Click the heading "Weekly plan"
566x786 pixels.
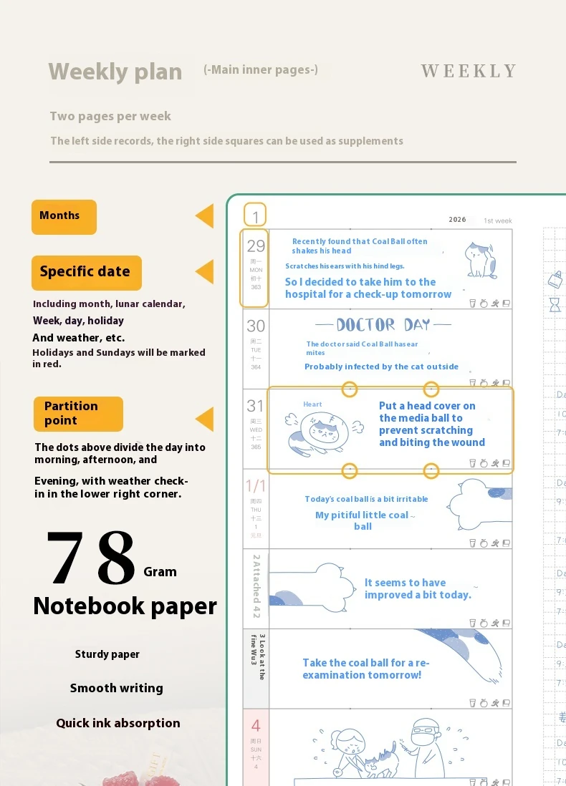115,72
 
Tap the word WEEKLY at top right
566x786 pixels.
469,71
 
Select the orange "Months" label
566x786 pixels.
64,216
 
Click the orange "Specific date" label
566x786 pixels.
86,272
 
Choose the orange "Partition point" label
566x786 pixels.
77,414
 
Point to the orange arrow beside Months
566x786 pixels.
205,216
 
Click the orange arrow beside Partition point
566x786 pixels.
205,419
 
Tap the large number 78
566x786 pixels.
91,558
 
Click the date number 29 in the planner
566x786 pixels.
256,246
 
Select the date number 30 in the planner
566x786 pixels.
256,326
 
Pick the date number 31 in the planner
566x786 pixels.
256,406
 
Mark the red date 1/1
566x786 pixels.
256,486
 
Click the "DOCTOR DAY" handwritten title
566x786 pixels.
383,325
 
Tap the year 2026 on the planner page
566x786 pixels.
457,220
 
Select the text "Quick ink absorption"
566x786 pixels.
118,723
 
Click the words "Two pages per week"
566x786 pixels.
110,116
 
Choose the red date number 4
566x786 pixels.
256,726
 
